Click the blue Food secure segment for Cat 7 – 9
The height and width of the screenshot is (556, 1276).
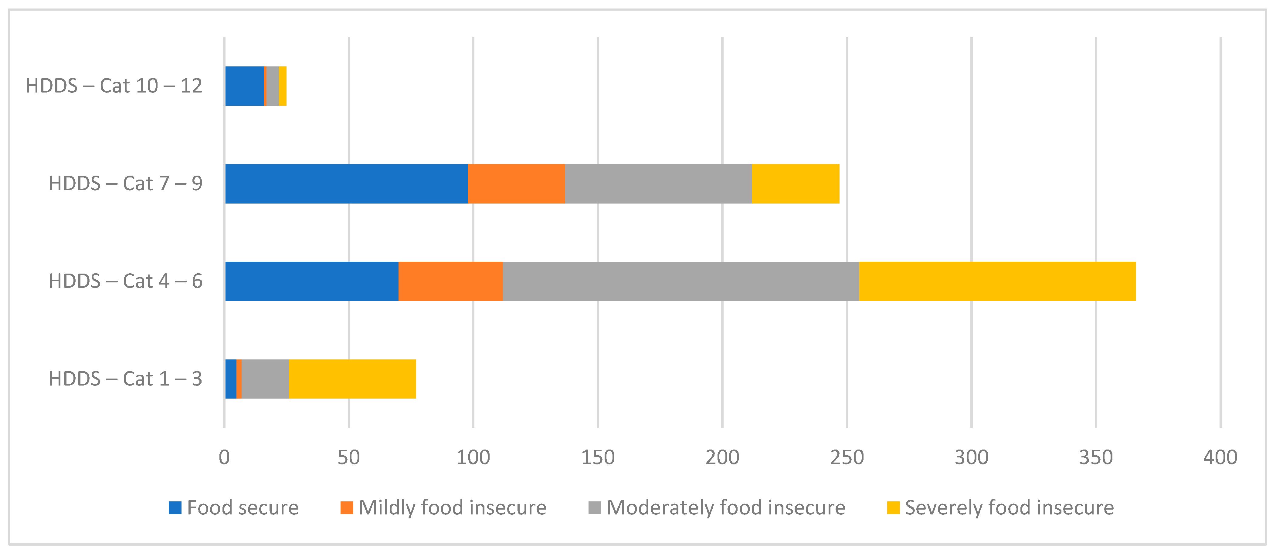pyautogui.click(x=346, y=184)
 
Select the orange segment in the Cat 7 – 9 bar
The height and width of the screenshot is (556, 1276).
pyautogui.click(x=516, y=184)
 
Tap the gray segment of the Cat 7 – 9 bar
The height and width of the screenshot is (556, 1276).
pyautogui.click(x=658, y=184)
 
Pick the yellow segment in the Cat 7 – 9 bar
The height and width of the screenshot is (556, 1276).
pyautogui.click(x=796, y=184)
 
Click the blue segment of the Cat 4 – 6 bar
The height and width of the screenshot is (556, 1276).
pyautogui.click(x=312, y=281)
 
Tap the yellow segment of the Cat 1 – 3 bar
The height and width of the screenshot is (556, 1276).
pyautogui.click(x=352, y=379)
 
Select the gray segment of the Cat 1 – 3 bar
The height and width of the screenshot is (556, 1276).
pyautogui.click(x=265, y=379)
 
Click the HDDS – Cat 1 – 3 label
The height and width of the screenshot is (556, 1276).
pyautogui.click(x=125, y=379)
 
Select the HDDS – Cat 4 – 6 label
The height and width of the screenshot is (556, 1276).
pyautogui.click(x=125, y=281)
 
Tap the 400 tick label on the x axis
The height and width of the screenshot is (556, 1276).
pyautogui.click(x=1220, y=457)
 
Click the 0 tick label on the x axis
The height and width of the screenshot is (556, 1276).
pyautogui.click(x=224, y=457)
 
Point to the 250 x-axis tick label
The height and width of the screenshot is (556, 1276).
pyautogui.click(x=847, y=457)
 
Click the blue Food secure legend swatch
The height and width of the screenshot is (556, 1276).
pyautogui.click(x=175, y=507)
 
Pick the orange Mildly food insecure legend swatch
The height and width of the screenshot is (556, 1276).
pyautogui.click(x=347, y=507)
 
